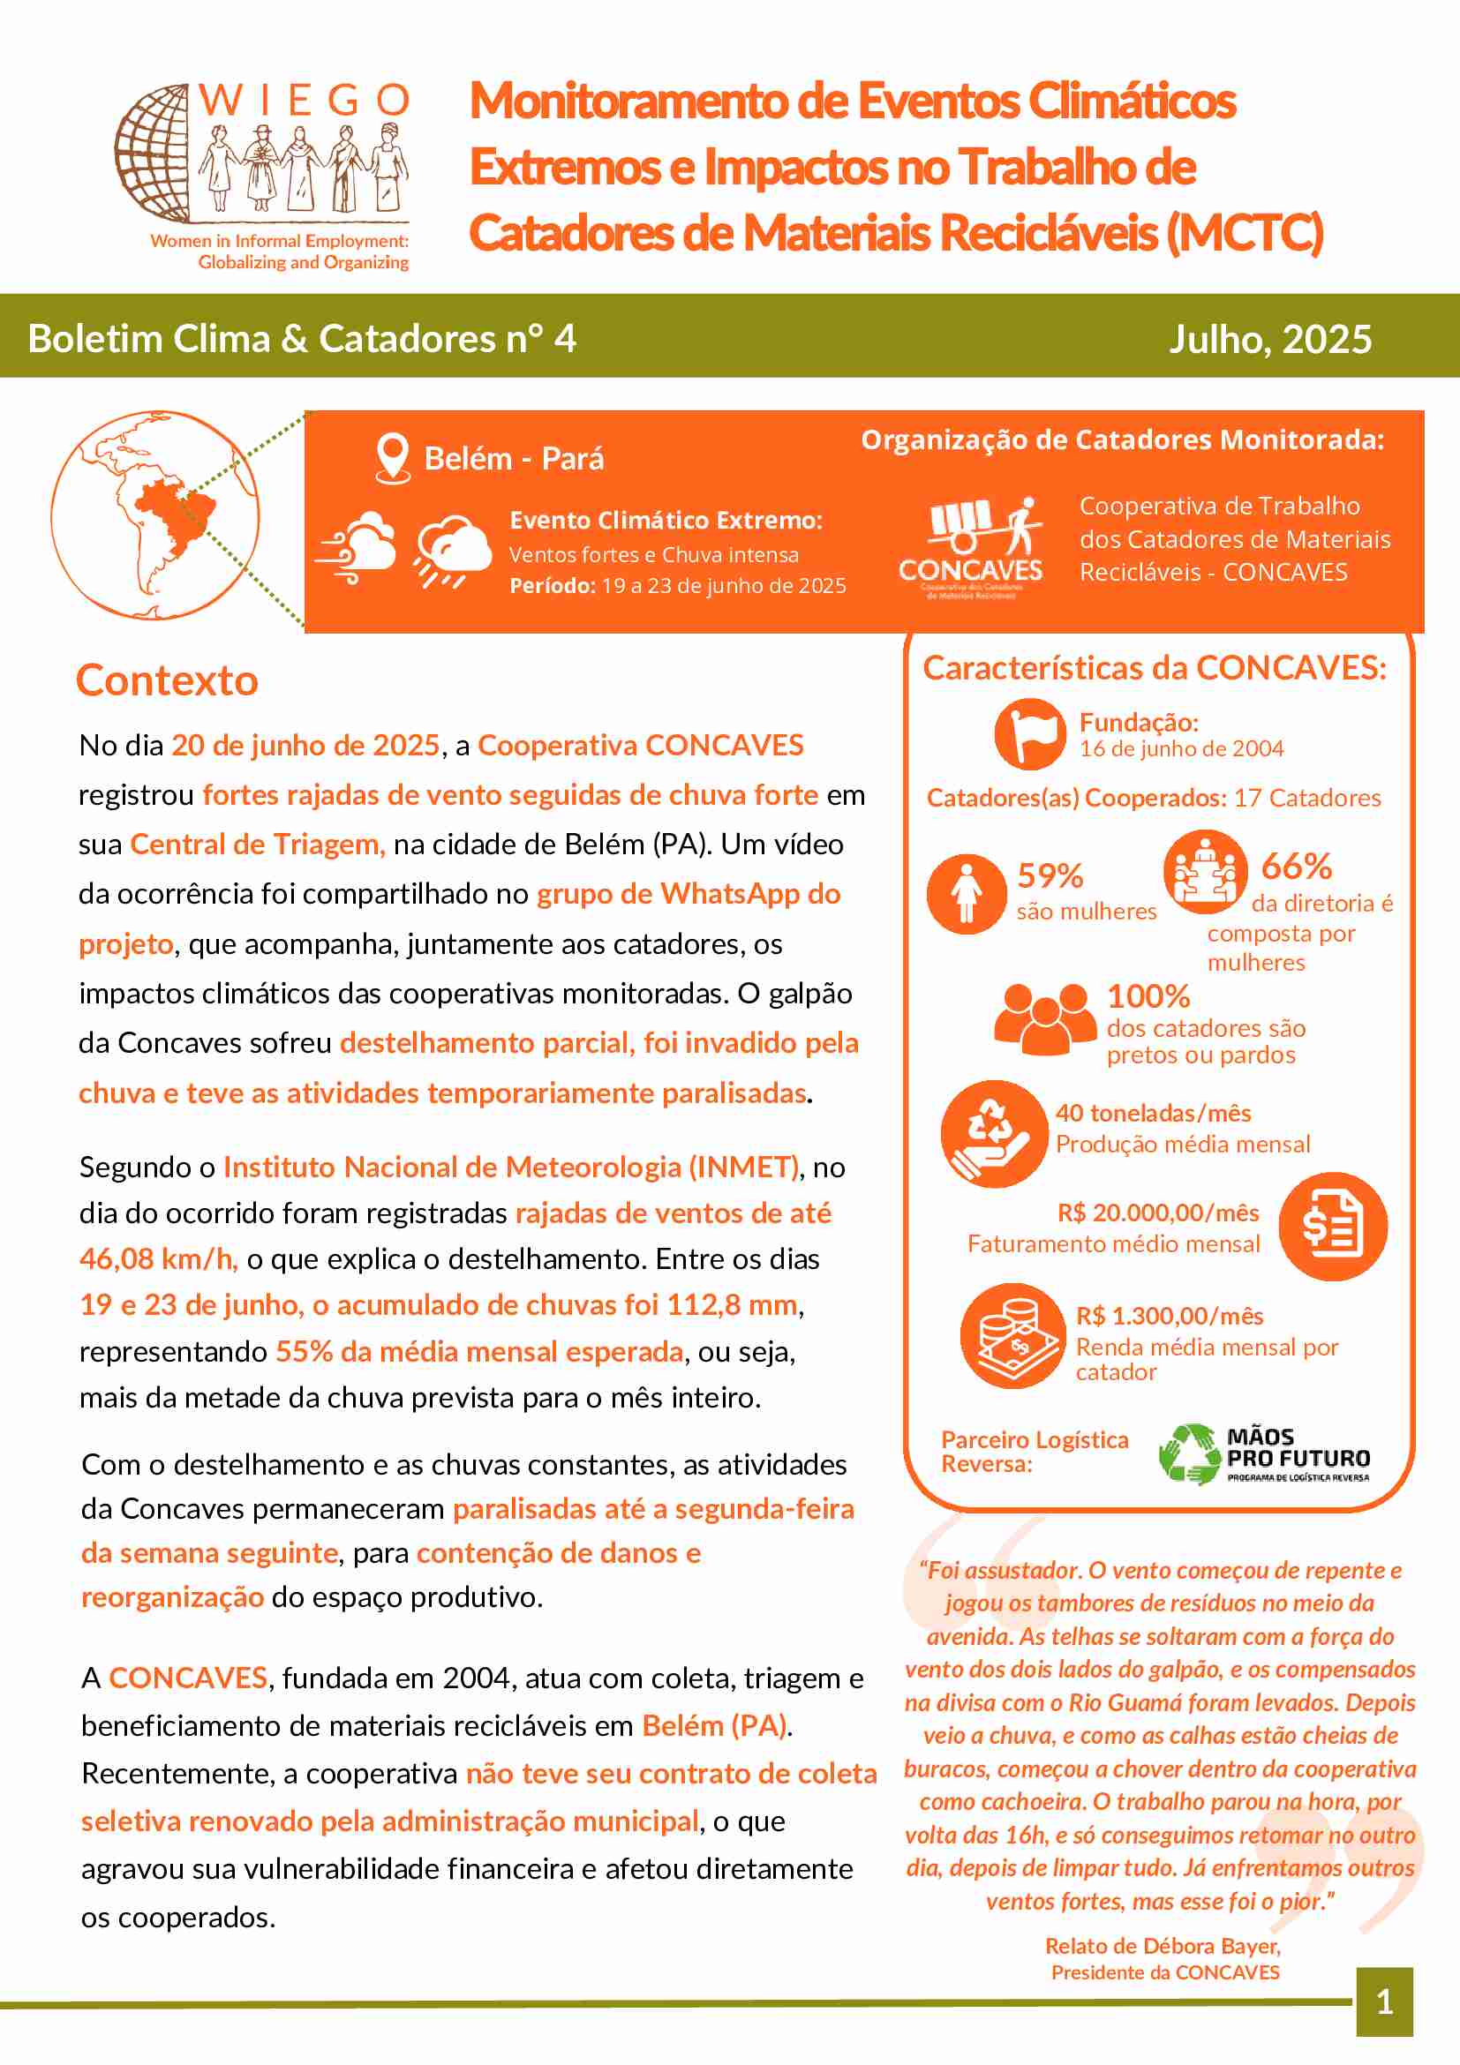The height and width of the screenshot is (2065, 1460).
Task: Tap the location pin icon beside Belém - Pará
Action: pyautogui.click(x=392, y=458)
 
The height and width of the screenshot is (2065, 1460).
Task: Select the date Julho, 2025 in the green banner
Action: pyautogui.click(x=1269, y=339)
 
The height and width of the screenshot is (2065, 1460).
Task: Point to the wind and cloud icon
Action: pyautogui.click(x=357, y=548)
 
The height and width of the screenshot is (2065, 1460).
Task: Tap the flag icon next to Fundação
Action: pyautogui.click(x=1030, y=734)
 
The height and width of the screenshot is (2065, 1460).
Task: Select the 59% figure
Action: pyautogui.click(x=1050, y=876)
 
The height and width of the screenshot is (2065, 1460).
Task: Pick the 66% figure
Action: pyautogui.click(x=1296, y=867)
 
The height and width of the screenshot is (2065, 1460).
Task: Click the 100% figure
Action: pyautogui.click(x=1148, y=996)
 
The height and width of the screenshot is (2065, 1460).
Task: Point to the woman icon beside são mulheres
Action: pyautogui.click(x=967, y=894)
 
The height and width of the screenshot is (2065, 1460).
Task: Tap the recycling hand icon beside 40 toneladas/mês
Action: pyautogui.click(x=993, y=1133)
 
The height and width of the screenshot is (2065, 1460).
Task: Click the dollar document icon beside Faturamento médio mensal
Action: pyautogui.click(x=1332, y=1227)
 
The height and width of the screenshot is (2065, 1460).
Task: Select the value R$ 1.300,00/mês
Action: pyautogui.click(x=1170, y=1316)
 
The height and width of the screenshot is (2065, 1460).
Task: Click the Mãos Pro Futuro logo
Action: pyautogui.click(x=1264, y=1453)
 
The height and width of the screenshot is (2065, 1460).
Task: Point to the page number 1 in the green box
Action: pyautogui.click(x=1384, y=2002)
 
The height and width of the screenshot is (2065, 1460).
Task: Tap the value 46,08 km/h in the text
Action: pyautogui.click(x=156, y=1259)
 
